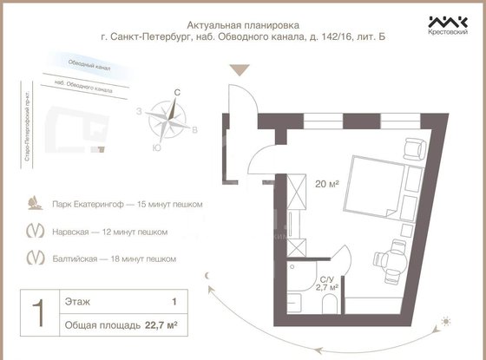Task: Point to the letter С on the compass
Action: [x=177, y=92]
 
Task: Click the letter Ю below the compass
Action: [x=155, y=147]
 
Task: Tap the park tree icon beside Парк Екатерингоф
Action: [x=35, y=204]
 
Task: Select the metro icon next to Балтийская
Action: [x=35, y=258]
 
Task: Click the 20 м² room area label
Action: [x=327, y=184]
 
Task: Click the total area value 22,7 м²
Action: [x=160, y=325]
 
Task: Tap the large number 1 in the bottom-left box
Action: [x=37, y=314]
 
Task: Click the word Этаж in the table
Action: [x=76, y=302]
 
